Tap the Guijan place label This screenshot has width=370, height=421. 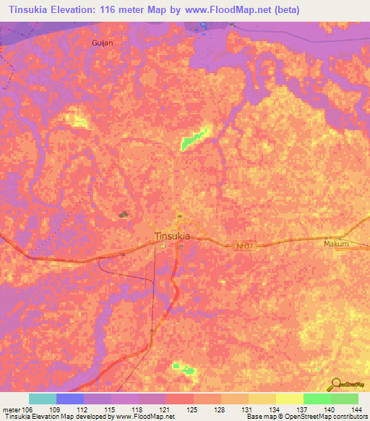tap(103, 43)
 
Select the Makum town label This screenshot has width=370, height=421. tap(336, 244)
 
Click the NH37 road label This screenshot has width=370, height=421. tap(246, 246)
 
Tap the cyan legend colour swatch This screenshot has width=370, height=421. tap(43, 399)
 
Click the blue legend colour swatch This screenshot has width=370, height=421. tap(70, 399)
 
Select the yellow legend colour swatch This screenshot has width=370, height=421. tap(289, 399)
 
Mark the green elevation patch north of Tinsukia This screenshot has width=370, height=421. tap(194, 139)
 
